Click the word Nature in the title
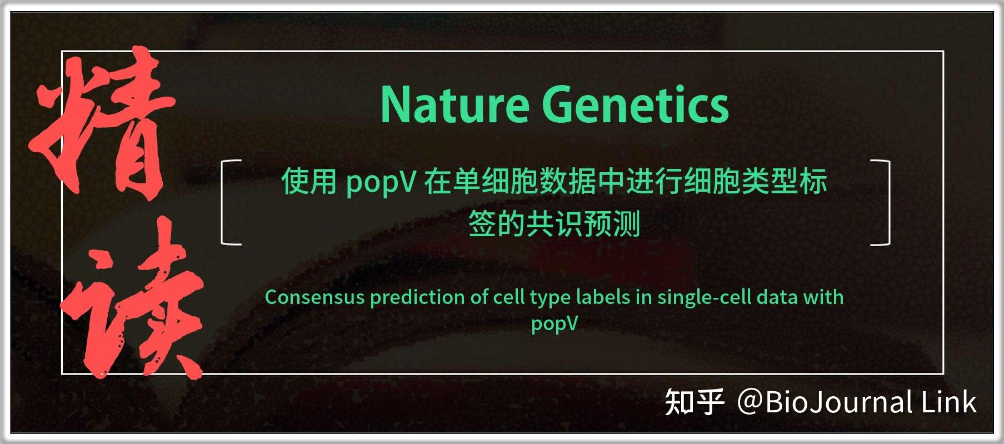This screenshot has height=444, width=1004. [x=454, y=105]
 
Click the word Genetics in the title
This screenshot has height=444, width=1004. [x=635, y=105]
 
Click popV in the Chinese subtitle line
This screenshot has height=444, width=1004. [x=381, y=182]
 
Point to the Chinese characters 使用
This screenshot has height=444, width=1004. [x=309, y=181]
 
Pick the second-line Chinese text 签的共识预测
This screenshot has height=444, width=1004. [x=555, y=224]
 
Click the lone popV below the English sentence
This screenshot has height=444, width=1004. [x=555, y=323]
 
